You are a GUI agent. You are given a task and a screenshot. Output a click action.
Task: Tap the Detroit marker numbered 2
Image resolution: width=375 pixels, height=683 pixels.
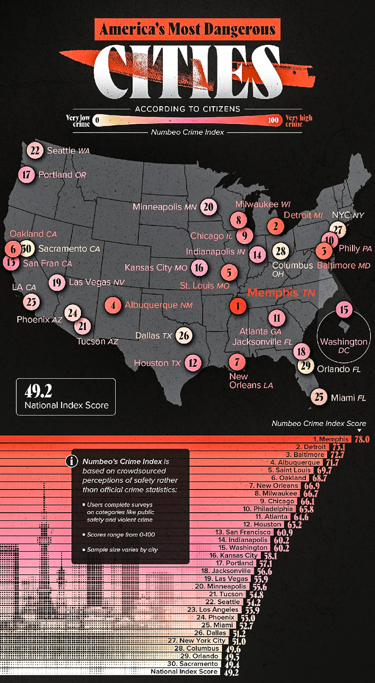[275, 226]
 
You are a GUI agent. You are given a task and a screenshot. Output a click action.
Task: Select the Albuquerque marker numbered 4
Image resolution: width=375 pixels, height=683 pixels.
[112, 305]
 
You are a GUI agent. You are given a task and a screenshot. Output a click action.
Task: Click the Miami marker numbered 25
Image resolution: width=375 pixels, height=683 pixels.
[319, 397]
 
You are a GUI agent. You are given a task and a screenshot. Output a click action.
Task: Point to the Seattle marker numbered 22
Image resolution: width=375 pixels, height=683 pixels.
[35, 151]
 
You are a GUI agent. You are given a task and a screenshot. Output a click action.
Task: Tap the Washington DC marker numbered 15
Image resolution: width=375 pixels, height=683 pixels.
[344, 309]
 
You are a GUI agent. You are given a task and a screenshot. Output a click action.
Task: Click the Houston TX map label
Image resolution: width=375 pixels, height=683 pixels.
[157, 363]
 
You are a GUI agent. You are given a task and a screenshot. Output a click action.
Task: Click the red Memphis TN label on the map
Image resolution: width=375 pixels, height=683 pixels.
[281, 293]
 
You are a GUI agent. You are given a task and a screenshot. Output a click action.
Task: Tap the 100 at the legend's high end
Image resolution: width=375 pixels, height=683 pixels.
[273, 121]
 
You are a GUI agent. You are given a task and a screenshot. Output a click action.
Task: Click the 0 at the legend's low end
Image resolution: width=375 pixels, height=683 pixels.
[97, 121]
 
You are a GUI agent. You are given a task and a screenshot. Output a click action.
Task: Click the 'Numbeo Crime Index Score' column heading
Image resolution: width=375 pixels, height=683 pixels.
[319, 423]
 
